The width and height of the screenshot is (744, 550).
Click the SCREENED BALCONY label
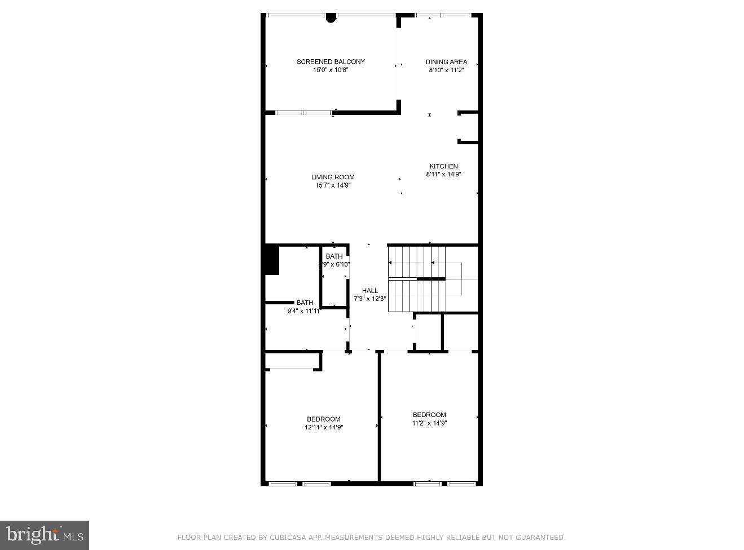click(331, 61)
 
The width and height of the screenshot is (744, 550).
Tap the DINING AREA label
click(446, 62)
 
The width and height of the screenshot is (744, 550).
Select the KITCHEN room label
click(443, 166)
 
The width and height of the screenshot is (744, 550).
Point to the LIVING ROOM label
click(333, 177)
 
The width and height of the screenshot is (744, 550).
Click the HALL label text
click(370, 291)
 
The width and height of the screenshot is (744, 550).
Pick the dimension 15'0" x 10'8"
click(331, 70)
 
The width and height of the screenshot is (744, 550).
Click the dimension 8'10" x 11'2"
click(446, 70)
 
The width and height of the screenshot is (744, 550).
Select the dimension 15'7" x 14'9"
click(333, 185)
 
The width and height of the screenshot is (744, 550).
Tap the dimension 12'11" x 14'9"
click(324, 427)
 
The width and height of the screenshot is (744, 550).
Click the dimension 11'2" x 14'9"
click(429, 423)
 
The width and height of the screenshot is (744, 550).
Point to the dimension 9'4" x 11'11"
click(304, 311)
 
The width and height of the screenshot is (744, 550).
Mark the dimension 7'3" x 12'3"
click(370, 299)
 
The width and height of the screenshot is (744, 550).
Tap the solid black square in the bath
click(272, 259)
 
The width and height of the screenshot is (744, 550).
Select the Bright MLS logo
click(44, 535)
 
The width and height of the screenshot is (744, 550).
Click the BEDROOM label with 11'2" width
click(429, 415)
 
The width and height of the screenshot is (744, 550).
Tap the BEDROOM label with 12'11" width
click(324, 419)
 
